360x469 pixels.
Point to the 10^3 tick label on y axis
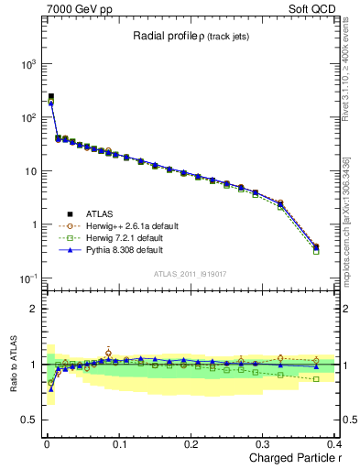(x=25, y=65)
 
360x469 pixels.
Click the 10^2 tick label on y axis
(x=25, y=118)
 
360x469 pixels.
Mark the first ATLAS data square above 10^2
(x=51, y=96)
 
